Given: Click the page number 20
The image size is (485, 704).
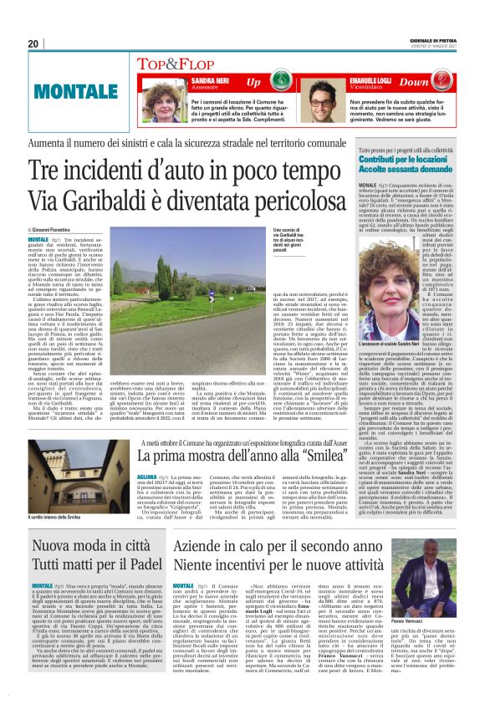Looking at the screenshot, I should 33,43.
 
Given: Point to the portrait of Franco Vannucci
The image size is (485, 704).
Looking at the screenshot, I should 429,592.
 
